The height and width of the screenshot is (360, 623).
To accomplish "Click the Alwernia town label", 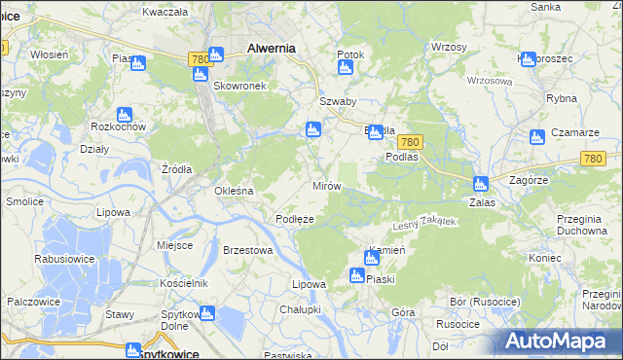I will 272,47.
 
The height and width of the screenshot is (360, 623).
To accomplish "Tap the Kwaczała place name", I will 164,12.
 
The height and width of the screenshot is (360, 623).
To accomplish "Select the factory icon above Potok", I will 344,68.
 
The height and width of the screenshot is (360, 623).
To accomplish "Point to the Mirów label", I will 325,185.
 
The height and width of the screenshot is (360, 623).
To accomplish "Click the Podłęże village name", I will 294,219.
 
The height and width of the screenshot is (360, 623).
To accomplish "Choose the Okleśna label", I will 234,191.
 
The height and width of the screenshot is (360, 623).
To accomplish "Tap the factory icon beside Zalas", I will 480,183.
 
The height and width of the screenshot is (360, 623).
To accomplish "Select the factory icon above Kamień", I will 371,258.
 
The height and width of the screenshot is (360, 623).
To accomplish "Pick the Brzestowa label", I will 247,250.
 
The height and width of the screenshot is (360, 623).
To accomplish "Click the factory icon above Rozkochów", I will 124,114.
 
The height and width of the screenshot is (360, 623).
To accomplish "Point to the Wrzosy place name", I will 449,47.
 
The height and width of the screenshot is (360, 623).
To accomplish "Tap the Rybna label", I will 562,98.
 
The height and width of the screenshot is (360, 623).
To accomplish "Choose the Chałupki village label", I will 300,309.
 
